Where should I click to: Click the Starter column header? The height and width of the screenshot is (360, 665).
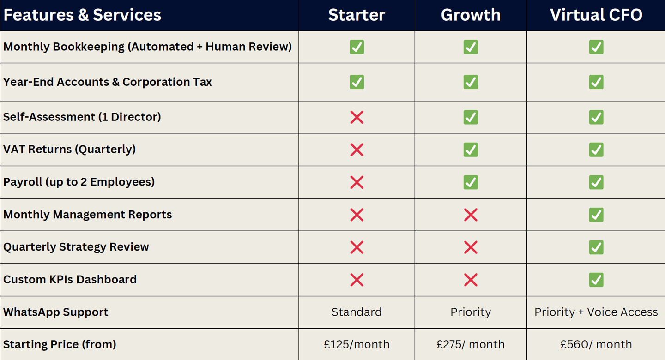tap(357, 15)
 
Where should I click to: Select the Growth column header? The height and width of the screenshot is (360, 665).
tap(471, 15)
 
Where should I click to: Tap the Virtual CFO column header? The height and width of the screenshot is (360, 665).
tap(596, 15)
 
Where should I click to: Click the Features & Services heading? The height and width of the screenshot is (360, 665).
tap(82, 15)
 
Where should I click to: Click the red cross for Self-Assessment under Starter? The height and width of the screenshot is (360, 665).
tap(357, 117)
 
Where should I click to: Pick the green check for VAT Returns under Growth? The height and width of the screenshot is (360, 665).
tap(471, 150)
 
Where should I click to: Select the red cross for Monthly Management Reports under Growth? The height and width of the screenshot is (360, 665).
tap(471, 215)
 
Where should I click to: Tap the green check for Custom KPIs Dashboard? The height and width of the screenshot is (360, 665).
tap(596, 280)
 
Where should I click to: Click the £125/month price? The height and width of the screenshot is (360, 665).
tap(357, 344)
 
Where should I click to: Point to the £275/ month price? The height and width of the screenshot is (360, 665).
tap(471, 344)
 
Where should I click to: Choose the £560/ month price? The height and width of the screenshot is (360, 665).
tap(596, 344)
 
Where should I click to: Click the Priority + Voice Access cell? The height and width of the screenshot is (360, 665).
tap(596, 312)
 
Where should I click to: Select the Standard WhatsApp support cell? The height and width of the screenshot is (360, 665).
tap(357, 312)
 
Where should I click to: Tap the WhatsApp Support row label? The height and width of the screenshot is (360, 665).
tap(56, 312)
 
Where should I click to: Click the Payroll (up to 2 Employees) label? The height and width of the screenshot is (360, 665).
tap(79, 182)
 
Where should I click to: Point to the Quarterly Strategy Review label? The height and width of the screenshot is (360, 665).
tap(76, 247)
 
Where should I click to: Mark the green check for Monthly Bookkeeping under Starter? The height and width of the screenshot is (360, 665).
tap(357, 47)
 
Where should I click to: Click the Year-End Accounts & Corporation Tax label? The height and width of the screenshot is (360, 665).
tap(108, 82)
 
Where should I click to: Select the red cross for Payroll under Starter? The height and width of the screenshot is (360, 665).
tap(357, 182)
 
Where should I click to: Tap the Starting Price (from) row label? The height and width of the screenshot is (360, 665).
tap(60, 344)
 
